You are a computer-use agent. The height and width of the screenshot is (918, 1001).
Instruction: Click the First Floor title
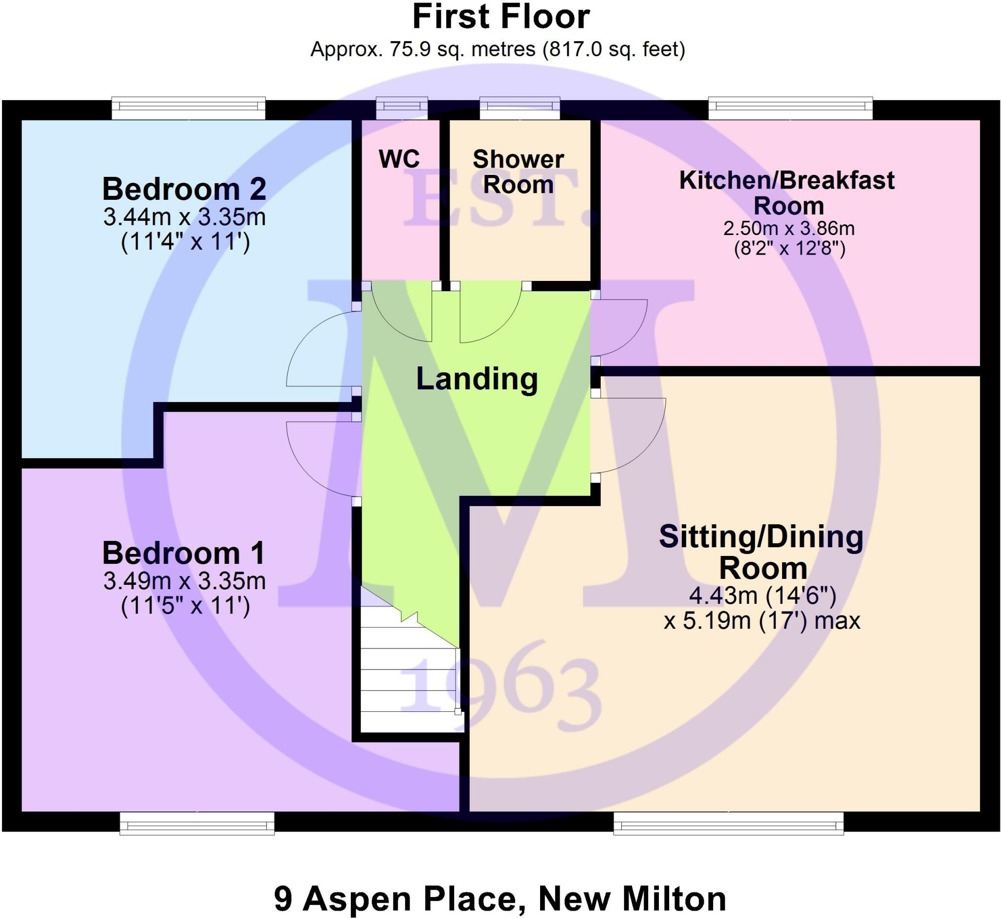(500, 17)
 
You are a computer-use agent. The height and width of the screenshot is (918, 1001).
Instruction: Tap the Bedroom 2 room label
(184, 189)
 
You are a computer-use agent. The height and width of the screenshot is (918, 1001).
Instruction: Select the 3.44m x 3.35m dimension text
(184, 217)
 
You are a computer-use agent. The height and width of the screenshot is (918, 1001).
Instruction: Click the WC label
(399, 159)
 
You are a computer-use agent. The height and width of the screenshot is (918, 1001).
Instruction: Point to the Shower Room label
(518, 172)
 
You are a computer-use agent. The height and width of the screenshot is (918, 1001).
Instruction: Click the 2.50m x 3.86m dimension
(788, 229)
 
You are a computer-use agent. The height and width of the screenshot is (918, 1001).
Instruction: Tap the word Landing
(477, 379)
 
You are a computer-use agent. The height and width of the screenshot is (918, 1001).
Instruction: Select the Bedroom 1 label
(183, 553)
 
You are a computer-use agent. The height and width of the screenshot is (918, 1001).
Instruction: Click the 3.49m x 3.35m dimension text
(184, 581)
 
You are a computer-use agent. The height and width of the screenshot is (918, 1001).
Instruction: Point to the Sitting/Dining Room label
(762, 552)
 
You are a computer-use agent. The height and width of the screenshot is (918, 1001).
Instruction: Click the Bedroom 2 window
(188, 108)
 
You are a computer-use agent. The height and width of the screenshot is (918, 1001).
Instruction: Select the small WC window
(402, 107)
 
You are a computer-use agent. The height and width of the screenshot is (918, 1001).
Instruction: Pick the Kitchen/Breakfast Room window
(790, 108)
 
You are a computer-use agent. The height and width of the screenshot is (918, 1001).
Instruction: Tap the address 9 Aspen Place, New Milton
(500, 898)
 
